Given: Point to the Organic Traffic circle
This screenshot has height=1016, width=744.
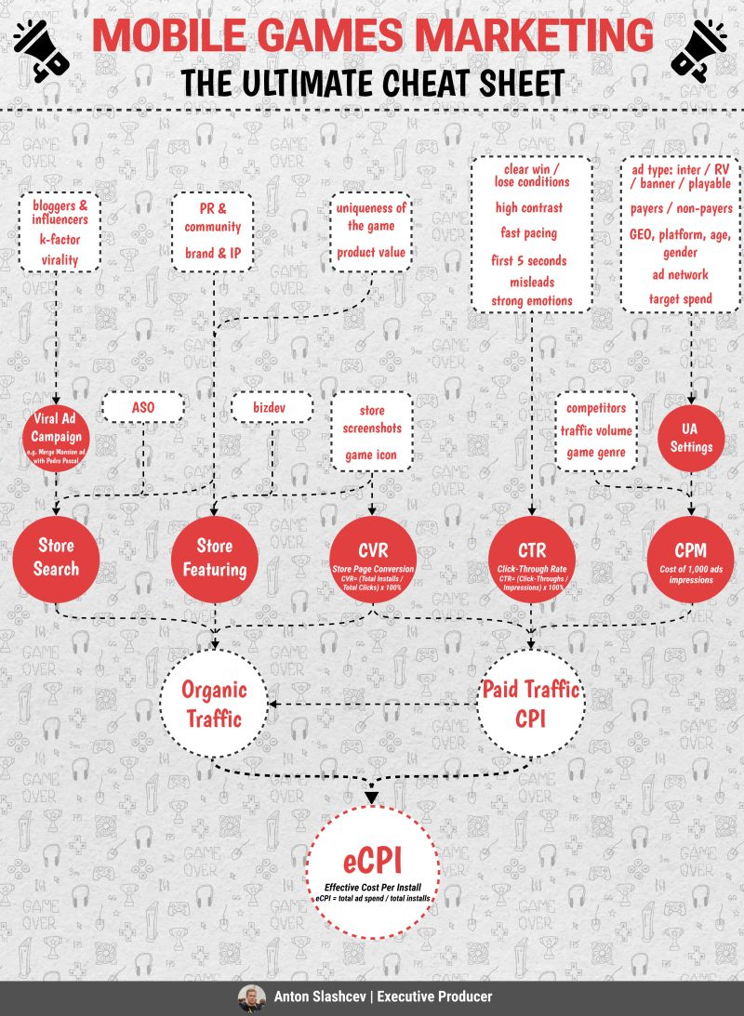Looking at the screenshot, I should pos(215,703).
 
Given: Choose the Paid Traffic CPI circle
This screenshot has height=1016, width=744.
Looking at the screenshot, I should pos(531,703).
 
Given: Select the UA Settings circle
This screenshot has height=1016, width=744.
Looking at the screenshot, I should pos(690,437).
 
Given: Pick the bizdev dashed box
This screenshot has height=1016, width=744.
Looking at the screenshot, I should pos(272,406).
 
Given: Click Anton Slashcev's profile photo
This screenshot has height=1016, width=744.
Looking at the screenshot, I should pos(251,997).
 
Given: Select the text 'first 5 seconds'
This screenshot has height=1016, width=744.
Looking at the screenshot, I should pos(529,261).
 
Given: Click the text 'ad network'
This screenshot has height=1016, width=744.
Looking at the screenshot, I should pos(680,274).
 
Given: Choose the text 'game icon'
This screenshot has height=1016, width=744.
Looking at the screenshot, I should pos(372,455).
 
